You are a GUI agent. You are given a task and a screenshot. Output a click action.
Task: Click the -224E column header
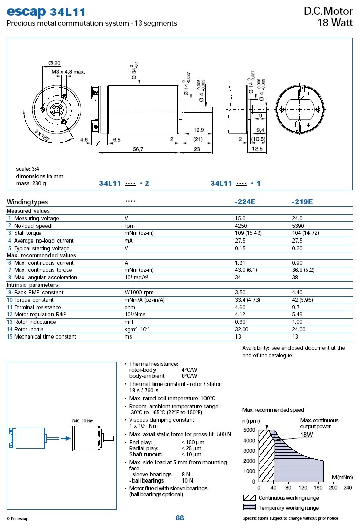tap(245, 202)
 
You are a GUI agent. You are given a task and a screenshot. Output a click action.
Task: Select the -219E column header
tap(302, 202)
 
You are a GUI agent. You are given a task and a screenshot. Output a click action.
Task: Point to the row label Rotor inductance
tap(35, 322)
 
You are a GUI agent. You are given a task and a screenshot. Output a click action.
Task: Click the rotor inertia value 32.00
tap(243, 329)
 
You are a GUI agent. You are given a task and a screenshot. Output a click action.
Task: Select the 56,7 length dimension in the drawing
tap(138, 149)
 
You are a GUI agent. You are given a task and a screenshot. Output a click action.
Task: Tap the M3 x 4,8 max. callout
tap(68, 72)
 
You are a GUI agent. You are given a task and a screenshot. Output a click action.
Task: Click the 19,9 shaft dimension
tap(198, 130)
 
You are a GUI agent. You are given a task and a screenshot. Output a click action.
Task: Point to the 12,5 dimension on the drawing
tap(257, 149)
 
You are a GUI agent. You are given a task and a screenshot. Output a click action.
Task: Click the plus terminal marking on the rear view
tap(308, 125)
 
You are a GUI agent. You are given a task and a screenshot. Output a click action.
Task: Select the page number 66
tap(180, 518)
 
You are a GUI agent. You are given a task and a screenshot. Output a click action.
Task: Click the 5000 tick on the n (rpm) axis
tap(249, 430)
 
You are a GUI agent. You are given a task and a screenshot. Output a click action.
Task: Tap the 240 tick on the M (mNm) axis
tap(347, 488)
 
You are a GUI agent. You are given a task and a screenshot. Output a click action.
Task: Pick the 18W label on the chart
tap(307, 434)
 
